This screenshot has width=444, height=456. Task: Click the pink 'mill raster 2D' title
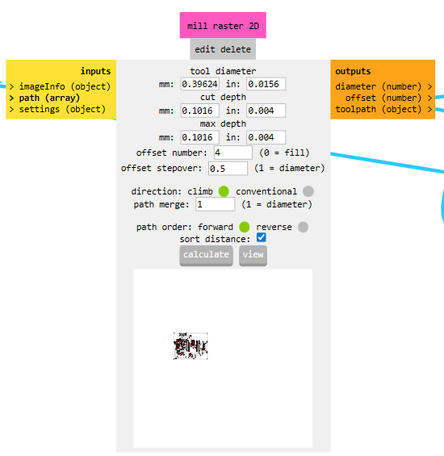coord(223,25)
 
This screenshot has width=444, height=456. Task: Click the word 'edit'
coord(205,49)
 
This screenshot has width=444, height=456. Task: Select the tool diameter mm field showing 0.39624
coord(199,84)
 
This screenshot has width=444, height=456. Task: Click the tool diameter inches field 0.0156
coord(266,84)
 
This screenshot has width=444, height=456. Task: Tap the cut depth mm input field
coord(199,111)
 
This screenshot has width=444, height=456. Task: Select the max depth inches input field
coord(266,137)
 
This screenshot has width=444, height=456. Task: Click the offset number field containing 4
coord(233,153)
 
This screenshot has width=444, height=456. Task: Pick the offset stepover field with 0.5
coord(228,169)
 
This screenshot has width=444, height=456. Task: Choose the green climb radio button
coord(224,191)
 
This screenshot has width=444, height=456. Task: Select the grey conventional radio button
coord(308,191)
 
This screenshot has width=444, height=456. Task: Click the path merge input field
coord(215,204)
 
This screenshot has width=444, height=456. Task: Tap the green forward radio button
coord(245,227)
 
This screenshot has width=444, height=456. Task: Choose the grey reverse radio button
coord(303,227)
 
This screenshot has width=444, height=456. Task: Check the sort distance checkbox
coord(261,237)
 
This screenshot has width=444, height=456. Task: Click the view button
coord(253,255)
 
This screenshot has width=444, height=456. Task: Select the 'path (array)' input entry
coord(49,98)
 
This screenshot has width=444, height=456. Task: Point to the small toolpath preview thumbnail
coord(191,345)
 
